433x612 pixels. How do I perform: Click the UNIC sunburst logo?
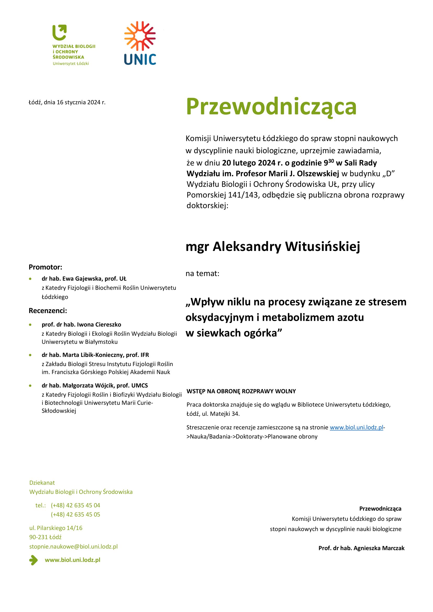[140, 36]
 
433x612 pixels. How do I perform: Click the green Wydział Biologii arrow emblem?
[59, 32]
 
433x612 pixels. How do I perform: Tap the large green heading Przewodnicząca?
[271, 107]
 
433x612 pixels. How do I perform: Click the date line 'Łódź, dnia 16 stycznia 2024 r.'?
[67, 102]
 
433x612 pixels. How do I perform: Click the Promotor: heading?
[45, 267]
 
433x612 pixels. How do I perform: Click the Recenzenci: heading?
[48, 311]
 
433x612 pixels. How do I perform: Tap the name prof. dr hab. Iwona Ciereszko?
[81, 324]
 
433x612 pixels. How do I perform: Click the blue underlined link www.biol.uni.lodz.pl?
[356, 428]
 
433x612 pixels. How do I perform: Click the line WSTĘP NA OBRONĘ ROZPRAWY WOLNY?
[241, 391]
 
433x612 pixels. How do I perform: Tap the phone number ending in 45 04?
[75, 505]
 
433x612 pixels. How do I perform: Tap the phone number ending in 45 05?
[75, 514]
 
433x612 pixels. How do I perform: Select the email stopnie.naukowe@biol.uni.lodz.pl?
[73, 546]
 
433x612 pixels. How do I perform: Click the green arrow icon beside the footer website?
[33, 560]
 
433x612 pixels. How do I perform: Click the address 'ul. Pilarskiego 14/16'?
[56, 528]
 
